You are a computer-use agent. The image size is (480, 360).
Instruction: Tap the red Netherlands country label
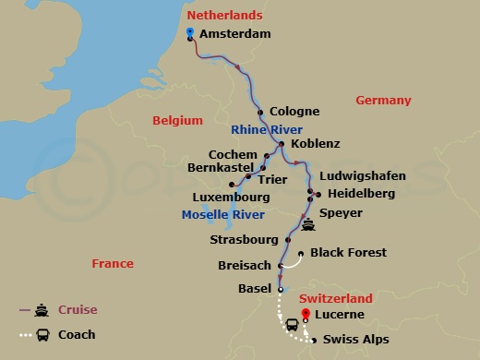(224, 16)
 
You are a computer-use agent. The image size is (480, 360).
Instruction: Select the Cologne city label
(294, 112)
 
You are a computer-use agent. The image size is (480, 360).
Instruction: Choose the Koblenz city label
(315, 144)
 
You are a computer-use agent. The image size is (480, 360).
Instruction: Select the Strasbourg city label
(244, 240)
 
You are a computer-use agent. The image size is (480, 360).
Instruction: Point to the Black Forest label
(348, 252)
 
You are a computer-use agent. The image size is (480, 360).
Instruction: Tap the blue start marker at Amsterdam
(189, 32)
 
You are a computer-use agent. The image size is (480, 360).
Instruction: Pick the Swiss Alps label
(356, 340)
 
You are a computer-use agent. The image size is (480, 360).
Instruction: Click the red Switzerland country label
(336, 299)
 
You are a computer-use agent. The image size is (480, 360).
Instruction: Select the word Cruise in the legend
(78, 309)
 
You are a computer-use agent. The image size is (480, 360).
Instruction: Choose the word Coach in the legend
(77, 334)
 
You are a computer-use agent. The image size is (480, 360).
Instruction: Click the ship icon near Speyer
(306, 222)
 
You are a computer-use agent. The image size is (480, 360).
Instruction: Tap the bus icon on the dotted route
(291, 324)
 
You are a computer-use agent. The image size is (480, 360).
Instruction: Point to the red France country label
(113, 264)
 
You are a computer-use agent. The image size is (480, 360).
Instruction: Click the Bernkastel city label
(220, 169)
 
